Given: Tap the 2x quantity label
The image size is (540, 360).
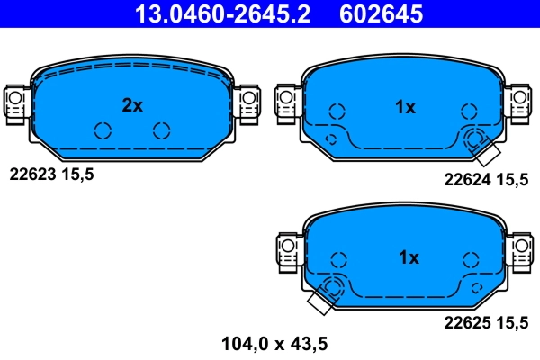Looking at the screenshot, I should coord(132,105).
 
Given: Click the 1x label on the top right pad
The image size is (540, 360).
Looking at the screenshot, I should coord(406,107).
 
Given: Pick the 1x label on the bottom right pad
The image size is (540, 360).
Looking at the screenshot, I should coord(408,257).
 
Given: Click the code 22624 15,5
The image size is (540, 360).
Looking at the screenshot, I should coord(486,179).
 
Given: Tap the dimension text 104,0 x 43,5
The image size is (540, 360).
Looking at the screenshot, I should coord(274,342).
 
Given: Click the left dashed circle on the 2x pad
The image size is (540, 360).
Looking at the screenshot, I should coord(103,130).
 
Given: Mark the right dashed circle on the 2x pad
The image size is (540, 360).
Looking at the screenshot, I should coord(161,130).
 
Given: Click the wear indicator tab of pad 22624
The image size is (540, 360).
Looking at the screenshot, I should coord(489,154).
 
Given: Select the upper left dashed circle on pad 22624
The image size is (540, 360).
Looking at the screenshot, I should coord(337,112).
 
